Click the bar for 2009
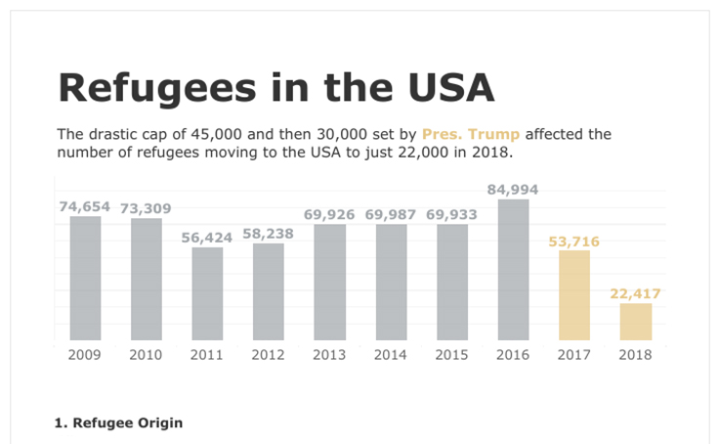(x=85, y=279)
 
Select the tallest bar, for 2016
(x=514, y=270)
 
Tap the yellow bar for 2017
(x=574, y=295)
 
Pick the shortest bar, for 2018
(x=636, y=322)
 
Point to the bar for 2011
(x=207, y=293)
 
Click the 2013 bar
(x=329, y=283)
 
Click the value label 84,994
(x=514, y=189)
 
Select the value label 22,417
(x=636, y=292)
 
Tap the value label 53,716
(x=574, y=241)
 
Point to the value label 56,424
(x=207, y=237)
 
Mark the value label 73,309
(x=147, y=208)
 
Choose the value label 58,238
(x=268, y=234)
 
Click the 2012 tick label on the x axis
(x=268, y=355)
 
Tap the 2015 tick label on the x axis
(x=451, y=355)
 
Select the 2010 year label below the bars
(x=146, y=355)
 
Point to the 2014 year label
(x=391, y=355)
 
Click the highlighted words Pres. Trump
(x=471, y=135)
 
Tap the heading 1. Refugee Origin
(x=118, y=423)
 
